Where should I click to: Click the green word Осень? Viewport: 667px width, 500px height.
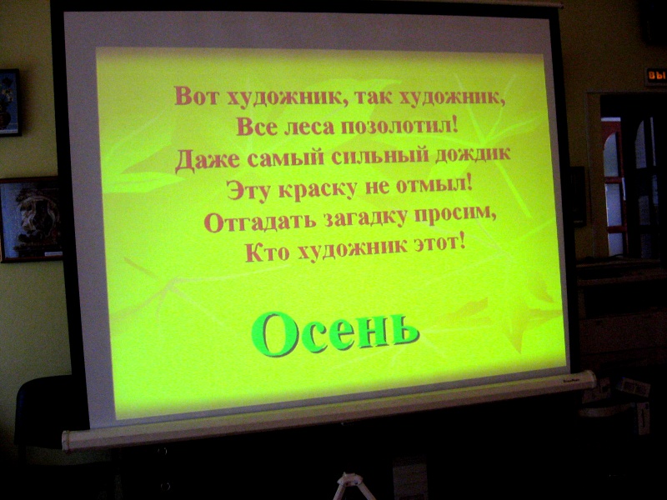[x=335, y=335]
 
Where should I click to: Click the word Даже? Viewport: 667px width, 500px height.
[x=208, y=161]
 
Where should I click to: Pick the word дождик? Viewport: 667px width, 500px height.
[x=473, y=153]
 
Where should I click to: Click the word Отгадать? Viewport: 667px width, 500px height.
[x=260, y=221]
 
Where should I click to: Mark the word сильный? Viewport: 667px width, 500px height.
[x=380, y=155]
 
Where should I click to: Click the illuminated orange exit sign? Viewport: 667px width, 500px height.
[x=655, y=77]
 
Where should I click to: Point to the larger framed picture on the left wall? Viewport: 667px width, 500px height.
[x=31, y=219]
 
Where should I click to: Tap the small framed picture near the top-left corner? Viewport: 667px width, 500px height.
[x=10, y=102]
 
